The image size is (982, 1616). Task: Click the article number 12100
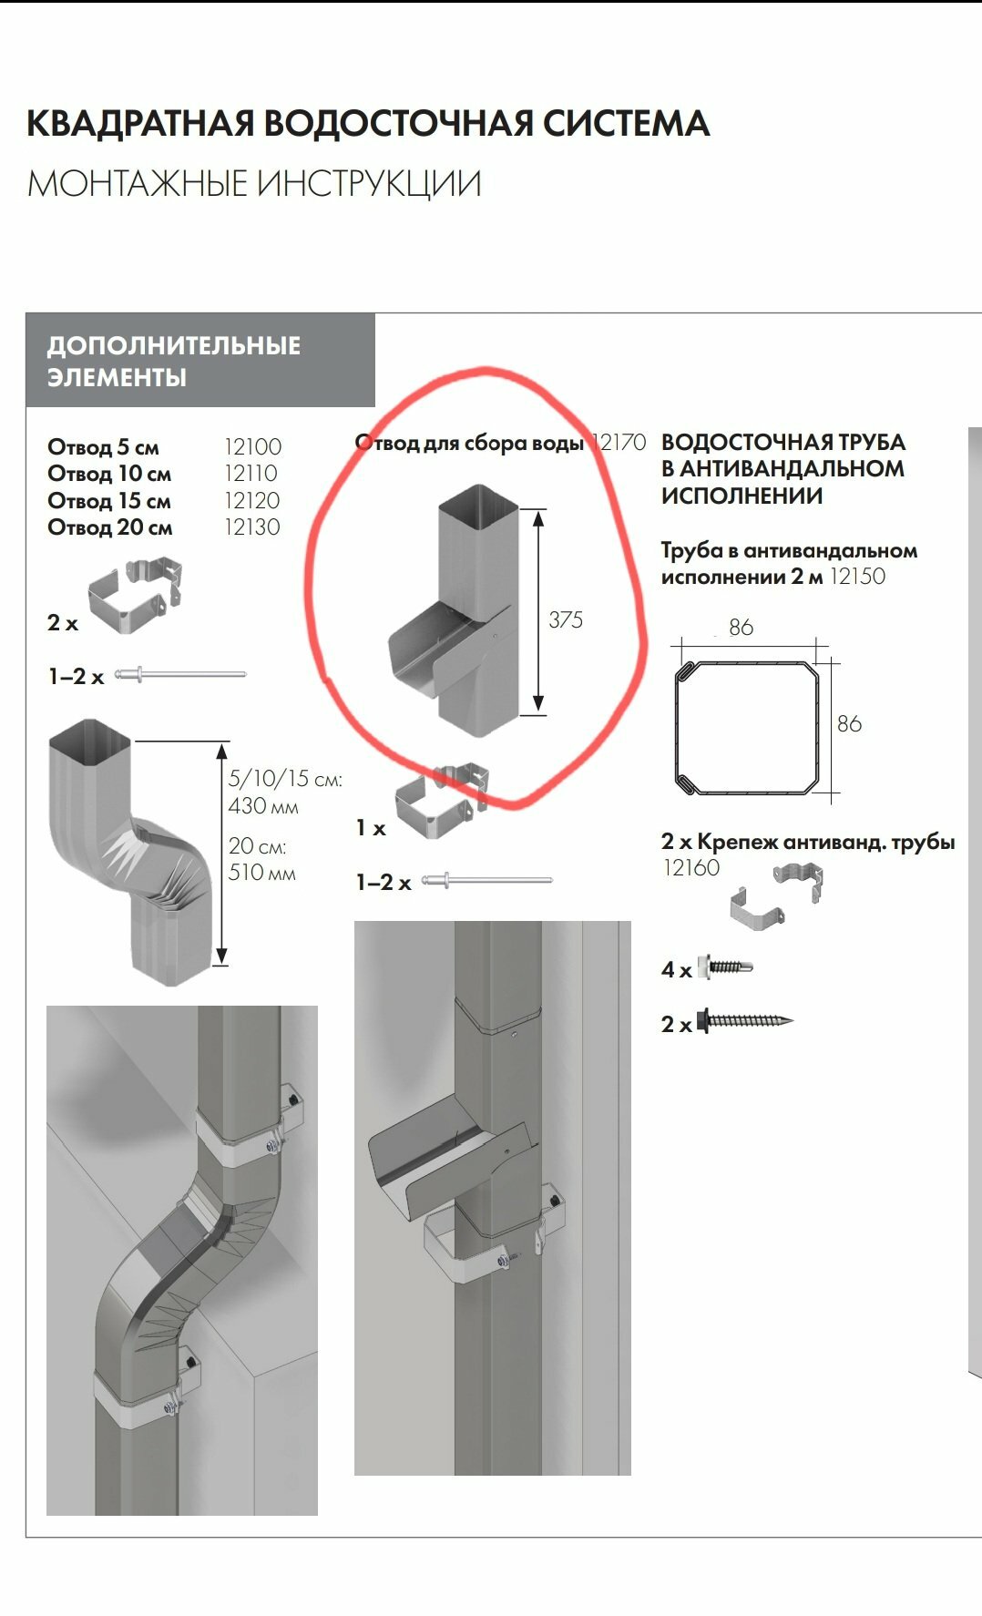252,447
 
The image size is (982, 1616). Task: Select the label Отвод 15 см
109,501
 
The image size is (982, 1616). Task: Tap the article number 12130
252,527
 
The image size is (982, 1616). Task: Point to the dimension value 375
566,619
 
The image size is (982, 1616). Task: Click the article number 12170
619,443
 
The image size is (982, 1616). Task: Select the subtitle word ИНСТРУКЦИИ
368,184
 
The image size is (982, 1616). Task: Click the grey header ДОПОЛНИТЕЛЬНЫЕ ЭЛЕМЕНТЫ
200,361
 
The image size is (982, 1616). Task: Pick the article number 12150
857,577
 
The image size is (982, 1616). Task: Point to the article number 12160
691,868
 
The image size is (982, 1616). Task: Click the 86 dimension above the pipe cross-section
742,628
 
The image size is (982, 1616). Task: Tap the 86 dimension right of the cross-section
849,724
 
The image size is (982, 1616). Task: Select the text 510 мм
262,873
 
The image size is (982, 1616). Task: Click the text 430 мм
263,806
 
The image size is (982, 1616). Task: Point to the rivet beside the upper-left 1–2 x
180,674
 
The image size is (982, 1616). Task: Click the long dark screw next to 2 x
745,1021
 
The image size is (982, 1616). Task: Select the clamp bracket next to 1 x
442,799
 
